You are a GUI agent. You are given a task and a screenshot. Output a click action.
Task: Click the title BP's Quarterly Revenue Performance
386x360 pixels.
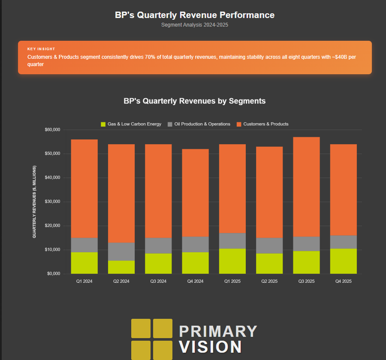pyautogui.click(x=194, y=15)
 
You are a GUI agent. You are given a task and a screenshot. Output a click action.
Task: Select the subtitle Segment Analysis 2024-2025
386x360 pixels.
pyautogui.click(x=194, y=25)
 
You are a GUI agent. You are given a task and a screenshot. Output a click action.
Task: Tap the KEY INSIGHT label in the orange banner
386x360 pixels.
pyautogui.click(x=41, y=49)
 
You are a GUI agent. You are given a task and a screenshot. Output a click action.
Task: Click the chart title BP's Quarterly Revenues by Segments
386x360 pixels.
pyautogui.click(x=194, y=101)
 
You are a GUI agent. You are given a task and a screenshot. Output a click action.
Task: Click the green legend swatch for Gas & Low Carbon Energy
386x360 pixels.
pyautogui.click(x=103, y=124)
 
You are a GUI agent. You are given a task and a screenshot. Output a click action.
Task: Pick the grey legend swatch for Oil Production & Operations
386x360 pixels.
pyautogui.click(x=170, y=124)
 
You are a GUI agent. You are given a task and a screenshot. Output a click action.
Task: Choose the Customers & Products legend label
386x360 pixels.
pyautogui.click(x=265, y=124)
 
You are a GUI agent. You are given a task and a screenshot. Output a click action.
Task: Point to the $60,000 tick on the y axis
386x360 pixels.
pyautogui.click(x=53, y=130)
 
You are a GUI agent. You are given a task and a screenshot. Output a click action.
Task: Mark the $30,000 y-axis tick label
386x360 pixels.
pyautogui.click(x=53, y=202)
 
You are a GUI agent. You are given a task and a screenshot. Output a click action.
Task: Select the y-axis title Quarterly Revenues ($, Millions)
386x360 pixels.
pyautogui.click(x=34, y=202)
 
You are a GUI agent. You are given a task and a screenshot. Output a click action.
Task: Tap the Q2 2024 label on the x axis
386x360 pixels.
pyautogui.click(x=121, y=281)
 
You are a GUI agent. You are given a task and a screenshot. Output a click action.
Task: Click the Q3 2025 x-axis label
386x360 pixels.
pyautogui.click(x=306, y=281)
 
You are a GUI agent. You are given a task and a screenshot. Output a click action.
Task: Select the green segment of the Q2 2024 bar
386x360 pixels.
pyautogui.click(x=121, y=267)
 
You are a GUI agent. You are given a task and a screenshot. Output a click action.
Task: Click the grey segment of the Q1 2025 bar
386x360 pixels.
pyautogui.click(x=232, y=241)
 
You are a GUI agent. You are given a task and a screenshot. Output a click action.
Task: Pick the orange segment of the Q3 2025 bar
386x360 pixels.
pyautogui.click(x=306, y=187)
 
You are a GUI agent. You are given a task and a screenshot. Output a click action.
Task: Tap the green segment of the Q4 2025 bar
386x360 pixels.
pyautogui.click(x=344, y=261)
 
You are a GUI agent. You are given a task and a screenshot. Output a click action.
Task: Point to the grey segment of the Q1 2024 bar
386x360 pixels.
pyautogui.click(x=84, y=245)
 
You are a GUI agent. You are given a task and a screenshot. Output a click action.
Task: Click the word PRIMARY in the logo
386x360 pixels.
pyautogui.click(x=218, y=331)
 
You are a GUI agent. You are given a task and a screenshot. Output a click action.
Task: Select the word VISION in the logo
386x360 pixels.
pyautogui.click(x=210, y=347)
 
